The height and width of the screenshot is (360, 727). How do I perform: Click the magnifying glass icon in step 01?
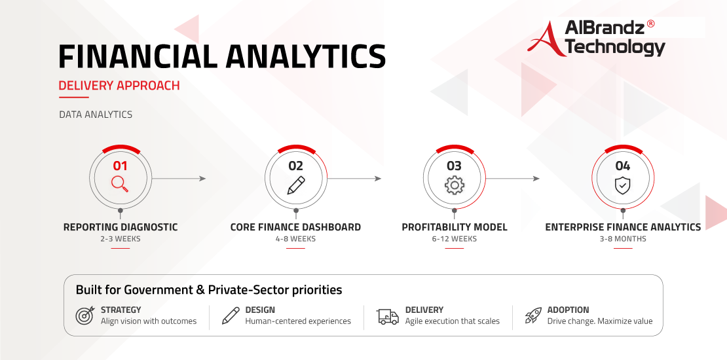(120, 184)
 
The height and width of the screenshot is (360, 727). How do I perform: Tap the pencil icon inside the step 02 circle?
(296, 185)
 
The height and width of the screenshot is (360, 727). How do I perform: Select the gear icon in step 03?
(455, 185)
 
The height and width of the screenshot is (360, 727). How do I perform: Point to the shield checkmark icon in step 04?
(622, 185)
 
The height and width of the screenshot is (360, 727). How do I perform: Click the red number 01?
(120, 166)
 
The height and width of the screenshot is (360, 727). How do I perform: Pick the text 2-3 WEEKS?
(120, 239)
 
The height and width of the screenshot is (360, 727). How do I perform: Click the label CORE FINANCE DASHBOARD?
(295, 227)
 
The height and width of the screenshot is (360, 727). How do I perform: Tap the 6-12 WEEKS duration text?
(454, 239)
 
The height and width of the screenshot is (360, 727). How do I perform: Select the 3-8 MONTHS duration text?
(623, 239)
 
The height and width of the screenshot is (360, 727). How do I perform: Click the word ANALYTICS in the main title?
(306, 56)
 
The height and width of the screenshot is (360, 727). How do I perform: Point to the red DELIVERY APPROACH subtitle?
(119, 86)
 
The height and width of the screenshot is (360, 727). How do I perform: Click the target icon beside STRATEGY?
(85, 315)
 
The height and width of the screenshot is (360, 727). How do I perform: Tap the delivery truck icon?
(388, 316)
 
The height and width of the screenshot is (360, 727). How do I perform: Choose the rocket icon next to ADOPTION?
(533, 315)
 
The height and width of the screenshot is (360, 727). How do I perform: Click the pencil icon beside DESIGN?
(231, 315)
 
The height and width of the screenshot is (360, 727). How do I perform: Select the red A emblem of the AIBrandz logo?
(546, 39)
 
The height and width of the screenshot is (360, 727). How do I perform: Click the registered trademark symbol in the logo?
(650, 24)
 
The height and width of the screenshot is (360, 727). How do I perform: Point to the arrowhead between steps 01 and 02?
(202, 179)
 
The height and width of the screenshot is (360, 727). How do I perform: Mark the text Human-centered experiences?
(298, 321)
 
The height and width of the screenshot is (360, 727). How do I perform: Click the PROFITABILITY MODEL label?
(455, 227)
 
